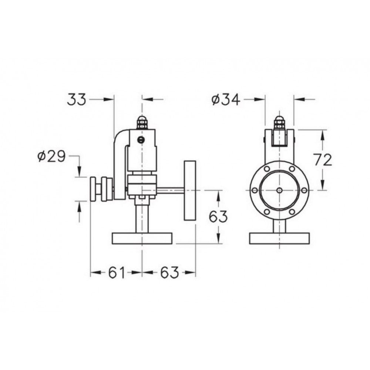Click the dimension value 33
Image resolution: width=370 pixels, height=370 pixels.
point(77,99)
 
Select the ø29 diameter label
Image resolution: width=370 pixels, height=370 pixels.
point(51,157)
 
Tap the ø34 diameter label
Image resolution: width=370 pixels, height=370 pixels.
point(226,99)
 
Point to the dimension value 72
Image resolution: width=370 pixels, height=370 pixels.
point(322,159)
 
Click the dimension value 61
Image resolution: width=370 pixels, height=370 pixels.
point(117,273)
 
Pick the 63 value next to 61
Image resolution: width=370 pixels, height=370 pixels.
point(169,273)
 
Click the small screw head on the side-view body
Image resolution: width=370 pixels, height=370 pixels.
point(140,139)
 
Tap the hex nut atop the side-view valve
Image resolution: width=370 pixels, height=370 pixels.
point(142,123)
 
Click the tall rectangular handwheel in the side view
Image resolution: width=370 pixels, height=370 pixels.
point(190,191)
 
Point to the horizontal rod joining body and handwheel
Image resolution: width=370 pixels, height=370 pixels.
point(171,191)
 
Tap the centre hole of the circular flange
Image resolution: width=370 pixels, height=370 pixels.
point(279,190)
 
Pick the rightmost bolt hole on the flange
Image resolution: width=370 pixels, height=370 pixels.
point(304,190)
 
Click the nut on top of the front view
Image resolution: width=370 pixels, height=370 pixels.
point(280,123)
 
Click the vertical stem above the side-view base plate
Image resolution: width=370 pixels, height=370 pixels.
point(142,218)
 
